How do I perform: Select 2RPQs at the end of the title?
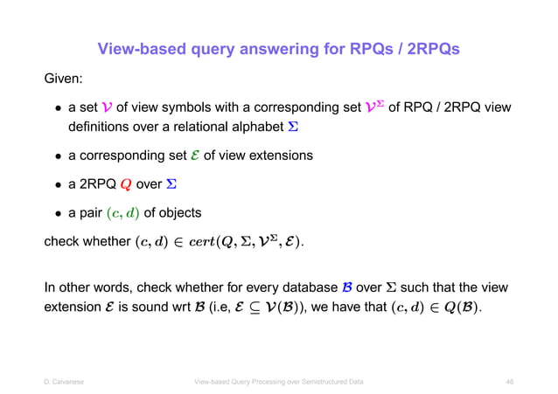click(429, 48)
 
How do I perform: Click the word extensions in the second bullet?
click(278, 156)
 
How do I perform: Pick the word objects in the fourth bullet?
click(178, 213)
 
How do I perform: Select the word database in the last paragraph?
click(333, 287)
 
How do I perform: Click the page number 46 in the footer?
click(509, 382)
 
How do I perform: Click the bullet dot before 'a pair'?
click(55, 213)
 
